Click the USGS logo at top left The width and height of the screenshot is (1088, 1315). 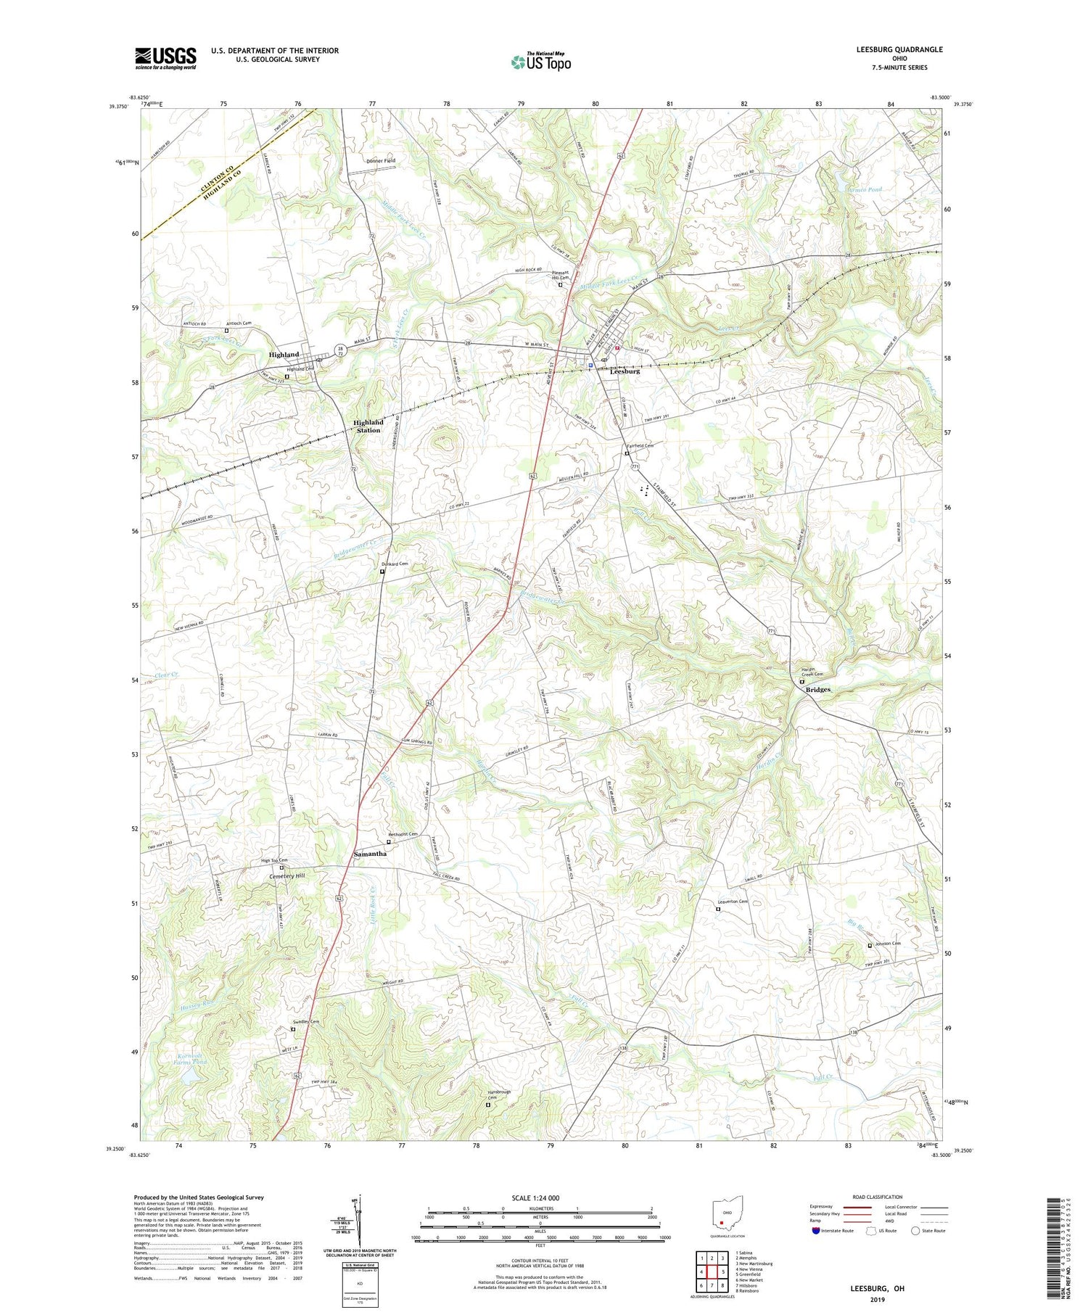pos(165,58)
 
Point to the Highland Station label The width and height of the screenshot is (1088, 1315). pos(368,426)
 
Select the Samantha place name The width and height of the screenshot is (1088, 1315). pos(370,854)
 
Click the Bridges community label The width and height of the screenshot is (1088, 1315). pos(817,690)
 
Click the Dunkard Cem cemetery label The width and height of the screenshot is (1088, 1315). pos(395,564)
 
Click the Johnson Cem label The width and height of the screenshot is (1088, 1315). pos(886,944)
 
